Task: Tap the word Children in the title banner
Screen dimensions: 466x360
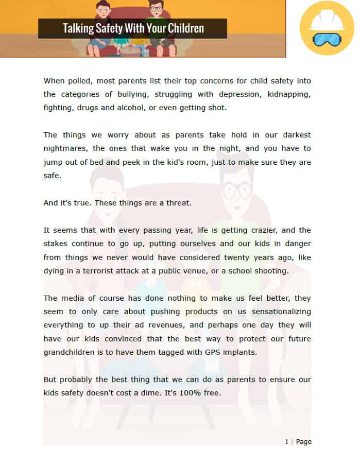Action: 183,28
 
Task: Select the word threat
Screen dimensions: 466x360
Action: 179,203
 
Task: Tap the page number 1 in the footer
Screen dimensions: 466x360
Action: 287,442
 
